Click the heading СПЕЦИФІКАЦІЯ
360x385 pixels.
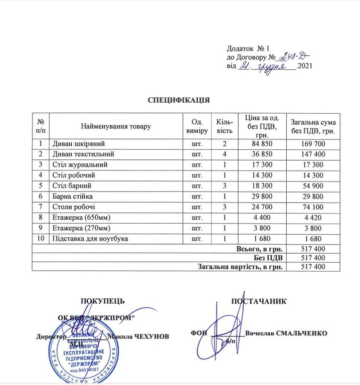[178, 100]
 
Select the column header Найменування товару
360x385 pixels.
[116, 126]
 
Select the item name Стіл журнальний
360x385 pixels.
[80, 164]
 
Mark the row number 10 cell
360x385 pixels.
[41, 238]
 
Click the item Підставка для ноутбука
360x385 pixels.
[90, 238]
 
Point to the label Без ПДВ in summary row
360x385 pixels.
[268, 258]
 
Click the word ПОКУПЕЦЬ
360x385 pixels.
[103, 301]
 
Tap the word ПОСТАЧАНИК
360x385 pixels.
[259, 301]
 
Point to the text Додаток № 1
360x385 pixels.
[249, 49]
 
